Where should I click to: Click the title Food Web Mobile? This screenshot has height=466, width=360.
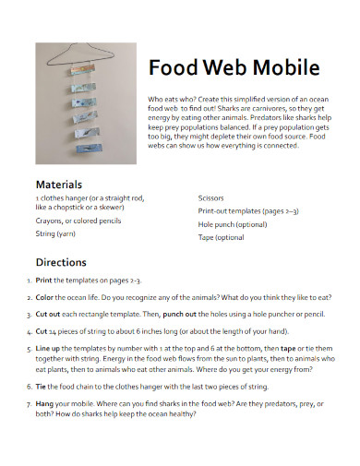[234, 68]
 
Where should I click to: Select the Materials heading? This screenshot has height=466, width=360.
[59, 184]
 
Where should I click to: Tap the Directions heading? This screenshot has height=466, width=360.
[61, 261]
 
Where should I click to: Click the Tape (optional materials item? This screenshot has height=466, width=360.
[222, 237]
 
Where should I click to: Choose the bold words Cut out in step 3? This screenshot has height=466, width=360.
[49, 314]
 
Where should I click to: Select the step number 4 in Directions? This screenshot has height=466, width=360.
[28, 329]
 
